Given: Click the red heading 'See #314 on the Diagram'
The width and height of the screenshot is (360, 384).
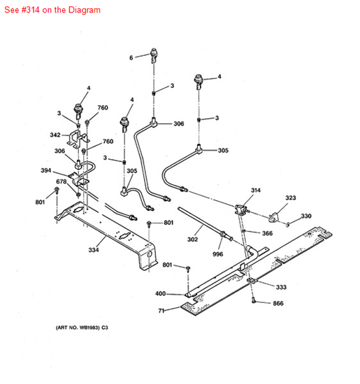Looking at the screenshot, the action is tap(52, 10).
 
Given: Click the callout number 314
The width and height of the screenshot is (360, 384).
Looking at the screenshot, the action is tap(256, 191).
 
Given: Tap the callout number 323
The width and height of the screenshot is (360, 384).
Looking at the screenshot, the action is tap(291, 198).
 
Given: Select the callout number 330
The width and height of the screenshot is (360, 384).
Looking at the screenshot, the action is tap(306, 216).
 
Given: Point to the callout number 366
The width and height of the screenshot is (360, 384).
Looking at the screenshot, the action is tap(267, 233).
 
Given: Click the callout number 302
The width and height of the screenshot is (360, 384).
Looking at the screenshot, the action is tap(192, 239).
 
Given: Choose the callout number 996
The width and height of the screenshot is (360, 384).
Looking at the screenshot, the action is tap(218, 254).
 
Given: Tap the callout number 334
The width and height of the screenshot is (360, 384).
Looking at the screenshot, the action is tap(94, 250).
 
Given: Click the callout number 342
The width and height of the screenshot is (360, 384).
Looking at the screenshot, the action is tap(55, 135).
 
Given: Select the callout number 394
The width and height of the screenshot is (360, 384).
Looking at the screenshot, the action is tap(46, 170).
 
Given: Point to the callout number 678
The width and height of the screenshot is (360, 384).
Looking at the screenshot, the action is tap(62, 182).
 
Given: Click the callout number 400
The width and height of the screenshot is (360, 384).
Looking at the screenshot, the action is tap(160, 294).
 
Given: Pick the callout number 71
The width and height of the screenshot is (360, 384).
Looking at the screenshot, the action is tap(161, 311).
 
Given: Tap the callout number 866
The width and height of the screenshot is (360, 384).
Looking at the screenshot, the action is tap(278, 304).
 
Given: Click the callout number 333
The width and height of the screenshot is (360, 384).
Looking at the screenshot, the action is tap(281, 287).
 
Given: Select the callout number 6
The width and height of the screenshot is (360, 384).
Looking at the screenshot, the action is tap(131, 58).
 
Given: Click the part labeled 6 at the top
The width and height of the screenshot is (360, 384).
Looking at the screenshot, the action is tap(154, 55).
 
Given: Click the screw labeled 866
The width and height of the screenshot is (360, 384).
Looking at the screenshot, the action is tap(254, 300).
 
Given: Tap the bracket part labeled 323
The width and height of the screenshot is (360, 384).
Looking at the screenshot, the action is tap(274, 217).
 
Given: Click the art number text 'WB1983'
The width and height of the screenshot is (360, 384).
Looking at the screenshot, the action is tap(89, 327).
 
